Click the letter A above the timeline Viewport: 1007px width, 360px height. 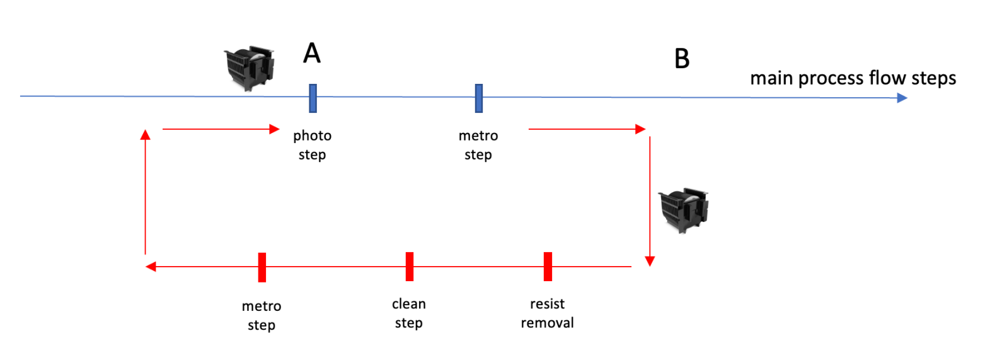click(x=312, y=53)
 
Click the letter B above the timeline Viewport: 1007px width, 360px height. click(x=682, y=59)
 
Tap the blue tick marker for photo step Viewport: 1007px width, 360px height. click(x=313, y=98)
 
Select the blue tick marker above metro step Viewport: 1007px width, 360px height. click(x=479, y=98)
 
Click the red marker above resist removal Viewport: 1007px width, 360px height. click(x=548, y=267)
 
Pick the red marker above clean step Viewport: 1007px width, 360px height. click(x=410, y=267)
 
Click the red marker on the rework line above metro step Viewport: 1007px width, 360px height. click(x=262, y=267)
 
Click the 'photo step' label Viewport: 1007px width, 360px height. click(x=312, y=145)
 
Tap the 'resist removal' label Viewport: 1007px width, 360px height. click(x=547, y=313)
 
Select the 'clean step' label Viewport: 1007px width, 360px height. click(x=409, y=313)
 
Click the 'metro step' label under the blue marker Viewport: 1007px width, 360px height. click(x=478, y=145)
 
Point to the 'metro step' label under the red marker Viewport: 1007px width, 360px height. click(x=262, y=315)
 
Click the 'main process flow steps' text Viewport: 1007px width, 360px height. click(x=853, y=78)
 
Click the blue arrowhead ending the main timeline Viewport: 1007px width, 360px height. click(x=902, y=98)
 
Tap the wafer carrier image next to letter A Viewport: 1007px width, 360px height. click(x=250, y=68)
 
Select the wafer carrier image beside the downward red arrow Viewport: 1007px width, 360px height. click(x=684, y=210)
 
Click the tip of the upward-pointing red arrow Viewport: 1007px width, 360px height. click(x=146, y=134)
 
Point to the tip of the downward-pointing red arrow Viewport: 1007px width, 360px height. click(x=650, y=262)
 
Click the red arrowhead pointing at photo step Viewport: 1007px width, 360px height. click(x=274, y=129)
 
